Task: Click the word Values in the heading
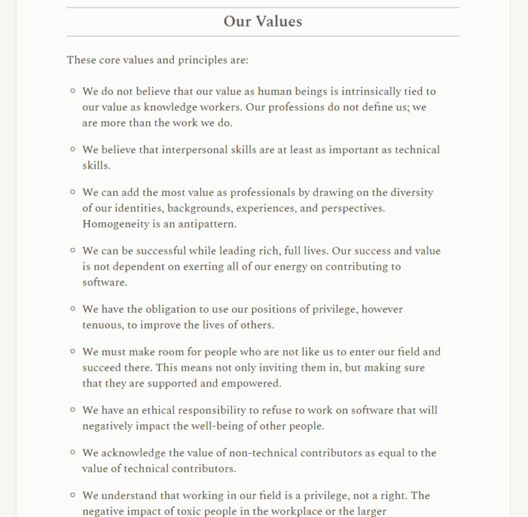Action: (x=278, y=21)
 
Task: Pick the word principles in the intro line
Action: (x=201, y=60)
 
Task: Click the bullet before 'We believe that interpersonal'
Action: (x=73, y=149)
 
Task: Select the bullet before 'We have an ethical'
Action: (x=73, y=410)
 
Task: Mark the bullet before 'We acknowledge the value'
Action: (x=73, y=452)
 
